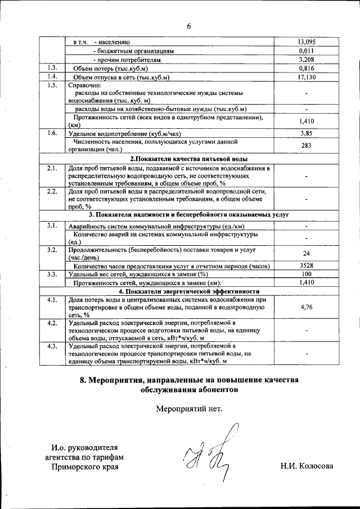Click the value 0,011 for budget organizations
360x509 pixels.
coord(307,51)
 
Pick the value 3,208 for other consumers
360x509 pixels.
coord(307,59)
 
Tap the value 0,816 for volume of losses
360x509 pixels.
coord(307,68)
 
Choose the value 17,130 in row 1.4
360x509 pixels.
coord(307,77)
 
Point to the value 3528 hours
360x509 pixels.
coord(307,265)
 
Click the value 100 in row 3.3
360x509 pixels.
coord(307,274)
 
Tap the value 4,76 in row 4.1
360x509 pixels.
coord(307,307)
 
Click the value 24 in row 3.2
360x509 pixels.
coord(307,253)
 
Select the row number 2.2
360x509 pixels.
coord(52,192)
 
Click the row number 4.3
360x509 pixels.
coord(52,345)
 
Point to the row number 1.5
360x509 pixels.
coord(52,85)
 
